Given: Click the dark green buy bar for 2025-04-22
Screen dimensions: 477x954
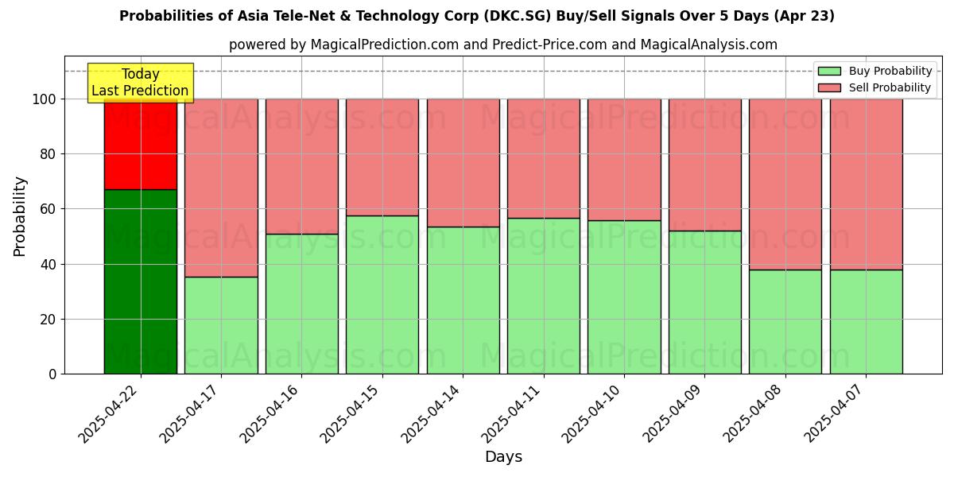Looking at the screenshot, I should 141,281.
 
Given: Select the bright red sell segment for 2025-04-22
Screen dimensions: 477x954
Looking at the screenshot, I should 141,144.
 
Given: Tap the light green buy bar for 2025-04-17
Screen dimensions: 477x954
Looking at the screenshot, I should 221,325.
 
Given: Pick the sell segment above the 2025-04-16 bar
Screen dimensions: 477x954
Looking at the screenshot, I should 302,166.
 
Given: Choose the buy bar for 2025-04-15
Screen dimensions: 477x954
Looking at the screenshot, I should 382,294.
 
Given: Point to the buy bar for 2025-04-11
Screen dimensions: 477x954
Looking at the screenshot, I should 544,296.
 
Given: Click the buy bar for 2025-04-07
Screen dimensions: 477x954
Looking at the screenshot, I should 866,322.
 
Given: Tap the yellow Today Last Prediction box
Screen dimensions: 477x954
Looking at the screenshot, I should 140,83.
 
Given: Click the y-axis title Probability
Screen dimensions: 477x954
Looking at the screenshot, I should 20,216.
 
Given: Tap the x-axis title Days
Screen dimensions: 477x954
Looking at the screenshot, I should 503,457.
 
